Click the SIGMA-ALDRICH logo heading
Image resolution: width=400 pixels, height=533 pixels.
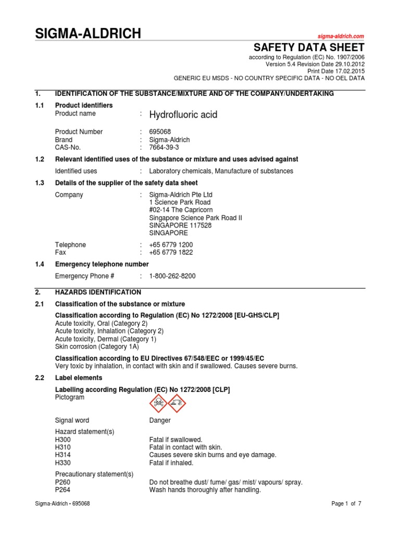(x=87, y=34)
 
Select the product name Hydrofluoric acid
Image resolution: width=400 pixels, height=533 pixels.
(x=183, y=115)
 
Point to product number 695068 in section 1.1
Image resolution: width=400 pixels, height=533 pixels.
(x=160, y=132)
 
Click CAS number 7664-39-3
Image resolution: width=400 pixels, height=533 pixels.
(x=164, y=148)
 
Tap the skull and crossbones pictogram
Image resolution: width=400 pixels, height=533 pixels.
(x=158, y=402)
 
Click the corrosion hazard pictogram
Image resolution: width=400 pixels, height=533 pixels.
(x=177, y=402)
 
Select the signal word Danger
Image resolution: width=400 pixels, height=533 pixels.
(x=160, y=421)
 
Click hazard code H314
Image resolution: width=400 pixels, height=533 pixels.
(x=63, y=455)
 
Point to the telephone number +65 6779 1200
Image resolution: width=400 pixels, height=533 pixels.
(x=171, y=245)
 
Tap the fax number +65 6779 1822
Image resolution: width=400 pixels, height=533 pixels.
(x=171, y=252)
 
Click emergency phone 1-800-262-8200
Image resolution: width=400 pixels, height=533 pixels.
(x=172, y=276)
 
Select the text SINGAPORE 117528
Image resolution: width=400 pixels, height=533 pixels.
(x=178, y=225)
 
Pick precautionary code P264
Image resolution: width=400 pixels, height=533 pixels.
(x=63, y=490)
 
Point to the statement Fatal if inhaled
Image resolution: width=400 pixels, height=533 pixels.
(x=171, y=463)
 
